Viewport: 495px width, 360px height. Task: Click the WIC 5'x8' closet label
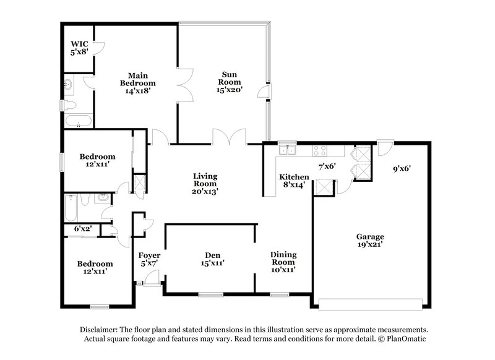click(79, 48)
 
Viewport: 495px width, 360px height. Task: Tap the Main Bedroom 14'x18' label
click(137, 83)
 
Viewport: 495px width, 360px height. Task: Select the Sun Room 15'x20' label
click(228, 82)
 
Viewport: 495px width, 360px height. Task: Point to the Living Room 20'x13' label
click(204, 184)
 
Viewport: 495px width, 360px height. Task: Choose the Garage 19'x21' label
click(370, 241)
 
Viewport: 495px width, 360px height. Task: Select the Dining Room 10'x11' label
click(283, 262)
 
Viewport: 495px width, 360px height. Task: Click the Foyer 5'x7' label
click(149, 259)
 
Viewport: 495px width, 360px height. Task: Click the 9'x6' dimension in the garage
click(402, 167)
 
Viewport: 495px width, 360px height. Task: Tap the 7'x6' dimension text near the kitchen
click(326, 166)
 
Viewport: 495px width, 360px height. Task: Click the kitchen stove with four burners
click(320, 149)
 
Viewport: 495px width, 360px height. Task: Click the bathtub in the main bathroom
click(78, 120)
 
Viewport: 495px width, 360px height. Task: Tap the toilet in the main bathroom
click(70, 105)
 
